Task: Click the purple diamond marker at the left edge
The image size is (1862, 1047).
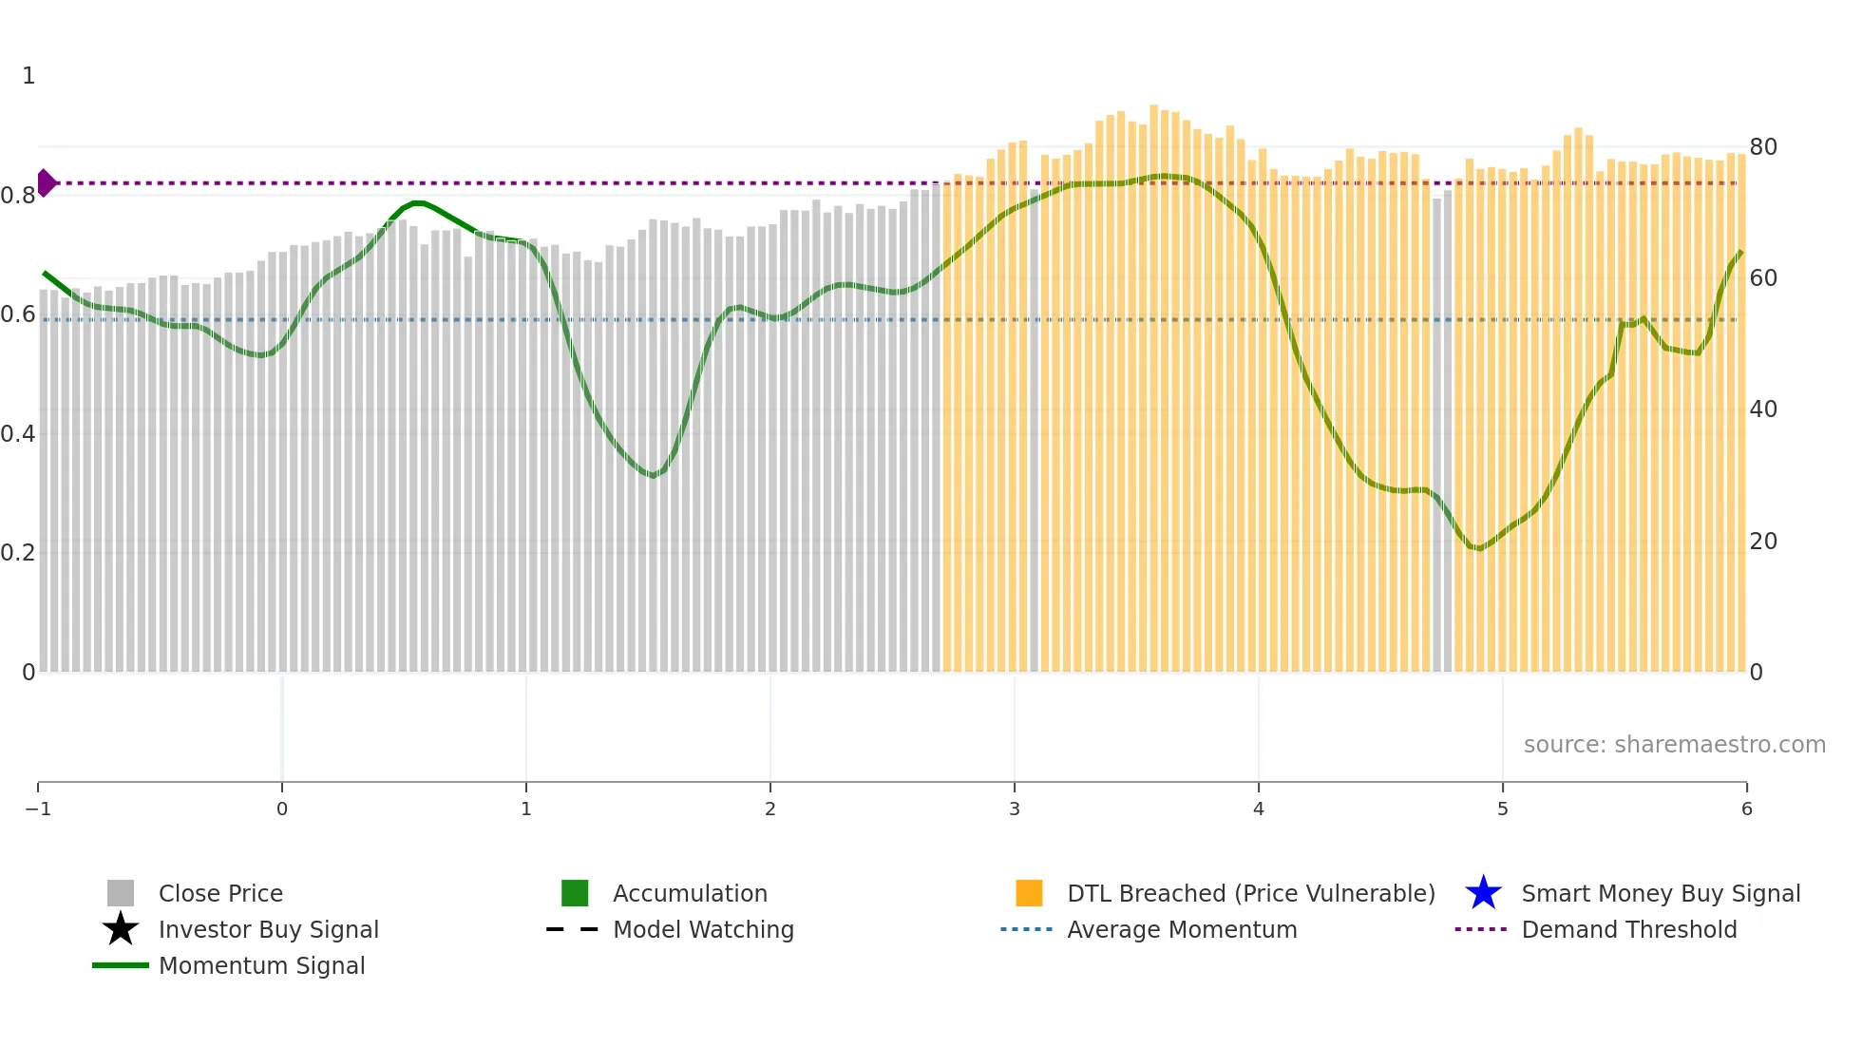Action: [46, 182]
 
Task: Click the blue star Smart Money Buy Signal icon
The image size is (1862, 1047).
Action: [1483, 893]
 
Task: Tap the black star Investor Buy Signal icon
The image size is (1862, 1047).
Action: [121, 929]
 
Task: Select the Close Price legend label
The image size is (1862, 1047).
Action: [220, 893]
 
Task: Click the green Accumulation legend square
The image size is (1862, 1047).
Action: [575, 893]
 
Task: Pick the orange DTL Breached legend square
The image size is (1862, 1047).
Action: [1029, 893]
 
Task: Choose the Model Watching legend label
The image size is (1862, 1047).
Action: [703, 929]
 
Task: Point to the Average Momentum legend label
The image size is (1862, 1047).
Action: [1182, 929]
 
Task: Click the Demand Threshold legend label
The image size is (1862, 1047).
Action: [1628, 929]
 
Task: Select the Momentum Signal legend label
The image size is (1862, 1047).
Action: [261, 965]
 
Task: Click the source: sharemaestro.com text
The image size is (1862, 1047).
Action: [1674, 744]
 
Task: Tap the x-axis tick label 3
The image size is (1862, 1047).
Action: [1015, 809]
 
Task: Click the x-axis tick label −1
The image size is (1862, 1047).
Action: [38, 809]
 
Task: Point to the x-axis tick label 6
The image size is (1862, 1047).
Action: [1746, 809]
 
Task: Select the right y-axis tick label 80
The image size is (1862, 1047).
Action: [1762, 147]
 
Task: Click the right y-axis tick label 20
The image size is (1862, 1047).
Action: [1762, 542]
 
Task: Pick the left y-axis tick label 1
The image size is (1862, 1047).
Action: [28, 76]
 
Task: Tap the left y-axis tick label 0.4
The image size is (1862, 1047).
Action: [18, 434]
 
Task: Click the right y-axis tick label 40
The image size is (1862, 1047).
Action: [1762, 409]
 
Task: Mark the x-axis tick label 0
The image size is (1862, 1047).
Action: [282, 809]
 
